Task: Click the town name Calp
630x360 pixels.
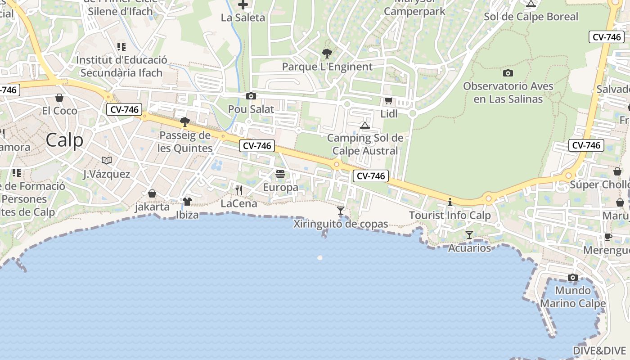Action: [x=64, y=140]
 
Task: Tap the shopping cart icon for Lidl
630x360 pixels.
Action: [x=388, y=101]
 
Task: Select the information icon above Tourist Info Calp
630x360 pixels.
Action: [x=450, y=202]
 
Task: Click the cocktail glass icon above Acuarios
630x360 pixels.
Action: [x=469, y=234]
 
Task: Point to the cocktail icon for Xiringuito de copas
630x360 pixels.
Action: [x=341, y=210]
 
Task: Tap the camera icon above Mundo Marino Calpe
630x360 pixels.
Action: [x=572, y=277]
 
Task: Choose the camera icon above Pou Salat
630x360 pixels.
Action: [x=251, y=96]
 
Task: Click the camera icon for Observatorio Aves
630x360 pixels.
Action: [x=508, y=73]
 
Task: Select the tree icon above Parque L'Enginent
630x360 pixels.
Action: [x=327, y=54]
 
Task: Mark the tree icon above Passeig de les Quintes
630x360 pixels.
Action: [x=184, y=121]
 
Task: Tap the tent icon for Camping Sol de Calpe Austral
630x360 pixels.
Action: [x=365, y=125]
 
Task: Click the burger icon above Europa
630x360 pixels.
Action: [x=280, y=174]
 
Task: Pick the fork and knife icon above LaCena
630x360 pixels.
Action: [x=239, y=190]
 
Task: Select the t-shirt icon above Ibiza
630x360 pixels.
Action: [x=187, y=201]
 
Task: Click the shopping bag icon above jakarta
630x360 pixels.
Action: [x=152, y=193]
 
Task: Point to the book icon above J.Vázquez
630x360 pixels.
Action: [x=107, y=160]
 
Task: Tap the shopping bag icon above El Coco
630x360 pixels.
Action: [x=59, y=98]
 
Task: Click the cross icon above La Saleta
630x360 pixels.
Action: [x=243, y=5]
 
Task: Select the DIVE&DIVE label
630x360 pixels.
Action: [x=599, y=351]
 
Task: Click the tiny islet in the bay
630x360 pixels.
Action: [x=320, y=258]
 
